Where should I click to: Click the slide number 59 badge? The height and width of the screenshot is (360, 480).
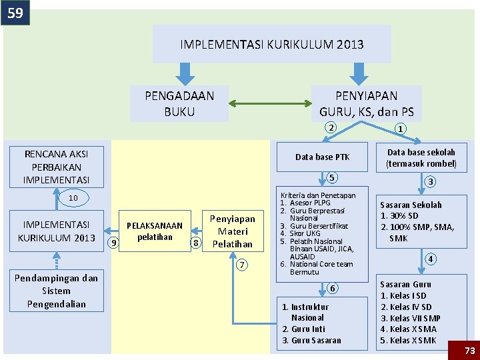tap(15, 12)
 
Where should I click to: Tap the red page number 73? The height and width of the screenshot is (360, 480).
tap(469, 349)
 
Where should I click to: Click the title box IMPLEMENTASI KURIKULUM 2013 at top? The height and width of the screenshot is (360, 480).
tap(272, 45)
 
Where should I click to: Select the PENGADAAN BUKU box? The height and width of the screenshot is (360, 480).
tap(179, 103)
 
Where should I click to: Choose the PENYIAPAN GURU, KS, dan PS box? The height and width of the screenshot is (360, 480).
tap(366, 103)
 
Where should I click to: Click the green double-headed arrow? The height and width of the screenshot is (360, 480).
tap(271, 103)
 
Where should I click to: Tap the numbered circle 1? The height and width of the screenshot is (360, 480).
tap(401, 129)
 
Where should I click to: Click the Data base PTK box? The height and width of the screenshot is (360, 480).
tap(322, 157)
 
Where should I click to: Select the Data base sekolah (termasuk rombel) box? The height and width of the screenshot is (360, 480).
tap(421, 158)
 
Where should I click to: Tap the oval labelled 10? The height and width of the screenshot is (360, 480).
tap(73, 198)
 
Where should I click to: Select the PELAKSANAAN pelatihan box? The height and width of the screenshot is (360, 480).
tap(154, 231)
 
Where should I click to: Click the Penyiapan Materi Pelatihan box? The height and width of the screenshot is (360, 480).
tap(232, 231)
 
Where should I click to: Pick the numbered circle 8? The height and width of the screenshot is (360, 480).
tap(196, 243)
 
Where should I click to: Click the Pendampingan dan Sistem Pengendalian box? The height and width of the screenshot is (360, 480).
tap(56, 291)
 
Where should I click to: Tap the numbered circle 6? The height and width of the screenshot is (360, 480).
tap(331, 288)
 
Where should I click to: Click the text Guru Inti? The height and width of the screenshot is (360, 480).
tap(304, 329)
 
